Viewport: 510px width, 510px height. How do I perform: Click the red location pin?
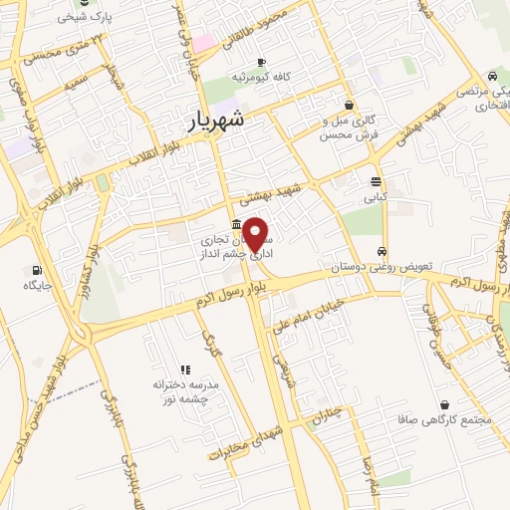(x=256, y=234)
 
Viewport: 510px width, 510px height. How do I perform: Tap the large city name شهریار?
(x=221, y=121)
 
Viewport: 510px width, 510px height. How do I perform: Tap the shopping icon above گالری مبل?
(x=349, y=105)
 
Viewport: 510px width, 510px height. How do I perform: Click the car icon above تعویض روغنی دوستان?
(x=382, y=251)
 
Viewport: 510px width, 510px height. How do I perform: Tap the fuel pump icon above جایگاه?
(x=38, y=270)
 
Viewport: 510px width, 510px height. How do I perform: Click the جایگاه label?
(x=38, y=286)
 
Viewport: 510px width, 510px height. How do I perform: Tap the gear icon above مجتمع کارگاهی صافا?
(x=442, y=404)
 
